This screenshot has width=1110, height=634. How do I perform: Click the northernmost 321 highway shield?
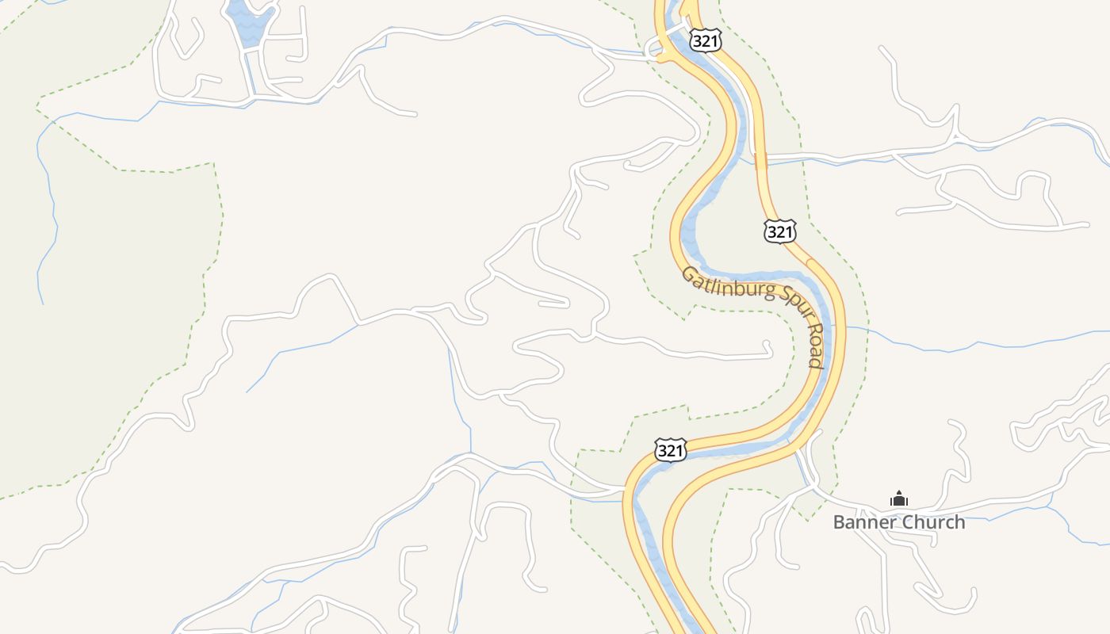[705, 40]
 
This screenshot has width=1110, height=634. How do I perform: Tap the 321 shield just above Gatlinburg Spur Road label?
[779, 231]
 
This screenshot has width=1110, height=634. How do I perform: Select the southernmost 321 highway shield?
[670, 450]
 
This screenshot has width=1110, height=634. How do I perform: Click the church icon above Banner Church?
[898, 499]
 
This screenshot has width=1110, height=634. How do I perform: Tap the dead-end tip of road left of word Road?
[767, 343]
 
